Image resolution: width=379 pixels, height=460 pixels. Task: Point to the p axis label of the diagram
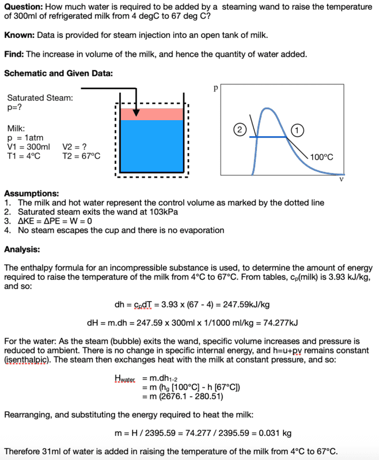tap(215, 89)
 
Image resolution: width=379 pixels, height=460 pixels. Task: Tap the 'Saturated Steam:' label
tap(40, 98)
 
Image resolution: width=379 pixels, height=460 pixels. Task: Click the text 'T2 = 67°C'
tap(81, 156)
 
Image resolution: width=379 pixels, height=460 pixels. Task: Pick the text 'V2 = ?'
tap(74, 147)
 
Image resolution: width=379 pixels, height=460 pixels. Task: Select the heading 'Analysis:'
tap(22, 249)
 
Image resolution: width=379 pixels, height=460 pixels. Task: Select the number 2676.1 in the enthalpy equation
tap(184, 396)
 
